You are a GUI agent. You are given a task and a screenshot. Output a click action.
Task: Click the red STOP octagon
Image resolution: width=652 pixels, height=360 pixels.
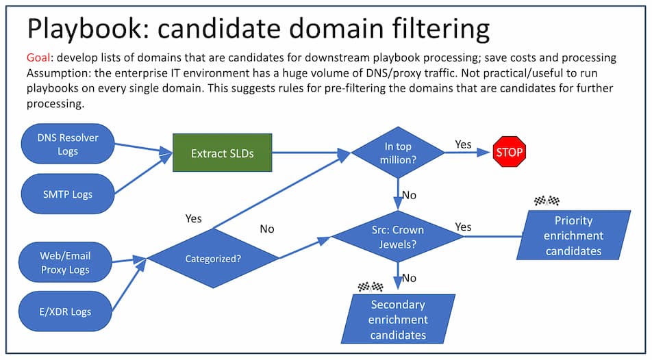click(x=509, y=153)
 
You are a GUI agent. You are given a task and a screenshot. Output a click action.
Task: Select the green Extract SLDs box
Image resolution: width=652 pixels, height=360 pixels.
click(x=222, y=153)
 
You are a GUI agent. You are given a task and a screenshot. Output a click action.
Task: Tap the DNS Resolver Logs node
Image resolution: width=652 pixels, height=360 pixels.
click(x=68, y=144)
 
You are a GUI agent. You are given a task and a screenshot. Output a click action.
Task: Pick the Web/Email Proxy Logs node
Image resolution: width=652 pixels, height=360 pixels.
click(x=65, y=262)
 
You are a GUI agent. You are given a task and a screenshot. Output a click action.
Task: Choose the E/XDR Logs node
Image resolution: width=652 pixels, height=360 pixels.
click(x=66, y=311)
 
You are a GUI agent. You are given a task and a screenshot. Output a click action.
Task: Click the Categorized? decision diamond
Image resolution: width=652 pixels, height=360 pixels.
click(x=213, y=259)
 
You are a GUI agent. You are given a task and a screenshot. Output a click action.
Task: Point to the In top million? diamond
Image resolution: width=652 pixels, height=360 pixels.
click(x=397, y=153)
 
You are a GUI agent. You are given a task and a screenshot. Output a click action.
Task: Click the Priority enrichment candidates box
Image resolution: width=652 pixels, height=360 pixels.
click(x=573, y=235)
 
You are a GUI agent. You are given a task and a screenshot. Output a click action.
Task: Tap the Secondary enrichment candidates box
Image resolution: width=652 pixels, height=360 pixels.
click(x=398, y=320)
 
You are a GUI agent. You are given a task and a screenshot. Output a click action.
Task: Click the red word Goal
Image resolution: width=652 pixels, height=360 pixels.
click(x=39, y=58)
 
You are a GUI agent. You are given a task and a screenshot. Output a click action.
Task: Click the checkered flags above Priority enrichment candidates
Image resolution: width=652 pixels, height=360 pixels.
click(x=546, y=201)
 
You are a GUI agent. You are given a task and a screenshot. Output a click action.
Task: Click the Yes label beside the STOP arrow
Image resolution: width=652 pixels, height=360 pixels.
click(x=463, y=144)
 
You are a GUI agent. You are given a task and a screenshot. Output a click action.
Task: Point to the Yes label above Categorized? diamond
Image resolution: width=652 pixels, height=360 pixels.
click(x=194, y=218)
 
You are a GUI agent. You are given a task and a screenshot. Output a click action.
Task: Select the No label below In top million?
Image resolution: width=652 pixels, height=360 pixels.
click(x=409, y=195)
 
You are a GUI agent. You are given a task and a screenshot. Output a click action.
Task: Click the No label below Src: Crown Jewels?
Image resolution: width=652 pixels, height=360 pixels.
click(x=409, y=278)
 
